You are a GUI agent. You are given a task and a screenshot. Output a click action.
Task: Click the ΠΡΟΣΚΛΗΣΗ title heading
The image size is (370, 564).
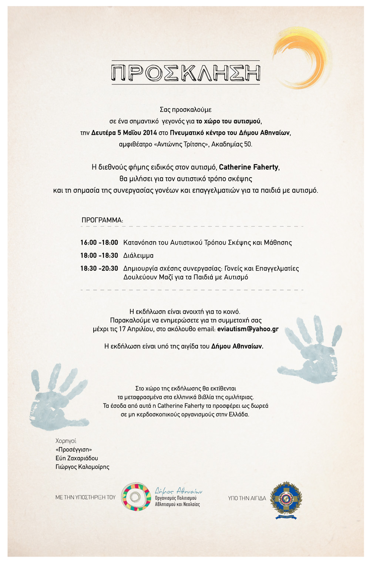(x=186, y=73)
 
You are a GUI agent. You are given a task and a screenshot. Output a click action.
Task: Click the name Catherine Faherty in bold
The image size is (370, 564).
(x=249, y=167)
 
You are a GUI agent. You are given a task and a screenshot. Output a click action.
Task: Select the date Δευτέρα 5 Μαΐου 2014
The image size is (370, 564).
(x=124, y=133)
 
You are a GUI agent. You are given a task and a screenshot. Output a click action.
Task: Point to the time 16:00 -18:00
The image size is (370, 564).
(x=99, y=243)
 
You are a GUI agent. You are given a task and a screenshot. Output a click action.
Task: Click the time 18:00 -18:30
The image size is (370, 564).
(x=99, y=256)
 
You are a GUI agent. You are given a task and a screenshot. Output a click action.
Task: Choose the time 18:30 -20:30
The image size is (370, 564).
(x=99, y=269)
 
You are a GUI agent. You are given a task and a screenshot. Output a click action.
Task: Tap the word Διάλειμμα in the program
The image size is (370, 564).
(x=138, y=256)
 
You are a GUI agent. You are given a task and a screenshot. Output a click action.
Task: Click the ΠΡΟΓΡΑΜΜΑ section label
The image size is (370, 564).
(x=102, y=220)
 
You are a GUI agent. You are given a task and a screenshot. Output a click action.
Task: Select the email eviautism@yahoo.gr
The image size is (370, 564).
(x=248, y=329)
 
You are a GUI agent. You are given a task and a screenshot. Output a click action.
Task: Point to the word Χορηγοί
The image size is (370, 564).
(x=66, y=441)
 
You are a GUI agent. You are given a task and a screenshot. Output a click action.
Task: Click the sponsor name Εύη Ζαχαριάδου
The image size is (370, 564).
(x=77, y=459)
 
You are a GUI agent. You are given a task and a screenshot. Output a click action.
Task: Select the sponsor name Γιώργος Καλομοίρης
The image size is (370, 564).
(x=82, y=467)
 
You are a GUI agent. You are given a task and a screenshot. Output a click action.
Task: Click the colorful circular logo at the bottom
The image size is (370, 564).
(x=137, y=497)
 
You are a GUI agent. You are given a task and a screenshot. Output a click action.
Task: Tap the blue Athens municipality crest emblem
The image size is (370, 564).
(x=286, y=500)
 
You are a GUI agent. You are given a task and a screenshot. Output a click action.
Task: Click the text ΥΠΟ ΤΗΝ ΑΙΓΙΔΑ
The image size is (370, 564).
(x=247, y=498)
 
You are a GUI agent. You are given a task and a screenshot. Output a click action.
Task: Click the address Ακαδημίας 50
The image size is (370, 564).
(x=232, y=144)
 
